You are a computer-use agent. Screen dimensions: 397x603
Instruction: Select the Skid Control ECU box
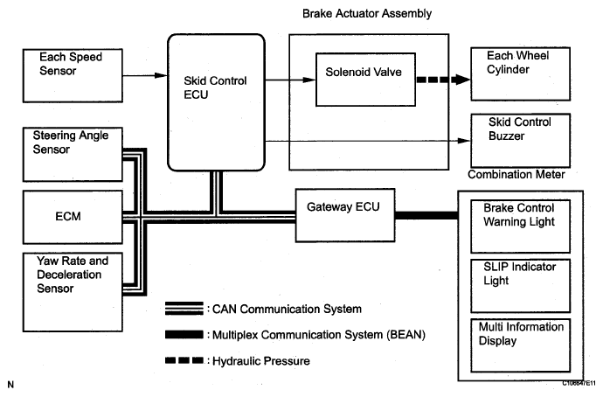point(215,101)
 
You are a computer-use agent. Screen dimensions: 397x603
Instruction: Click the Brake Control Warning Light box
point(520,226)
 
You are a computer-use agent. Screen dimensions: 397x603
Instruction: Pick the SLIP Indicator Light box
point(520,285)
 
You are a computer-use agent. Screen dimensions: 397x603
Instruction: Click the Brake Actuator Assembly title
point(367,13)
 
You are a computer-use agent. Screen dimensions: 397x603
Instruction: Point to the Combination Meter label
point(516,175)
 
